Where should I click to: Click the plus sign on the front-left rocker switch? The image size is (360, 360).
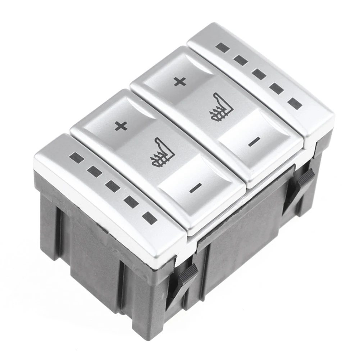121,126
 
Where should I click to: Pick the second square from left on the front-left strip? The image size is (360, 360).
94,172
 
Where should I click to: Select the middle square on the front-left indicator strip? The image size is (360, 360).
112,186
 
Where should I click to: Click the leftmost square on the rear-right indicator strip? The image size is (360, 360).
223,47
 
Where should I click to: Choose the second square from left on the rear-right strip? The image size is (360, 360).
240,60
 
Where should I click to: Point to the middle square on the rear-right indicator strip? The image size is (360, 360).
259,74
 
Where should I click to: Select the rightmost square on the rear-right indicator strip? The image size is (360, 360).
295,104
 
